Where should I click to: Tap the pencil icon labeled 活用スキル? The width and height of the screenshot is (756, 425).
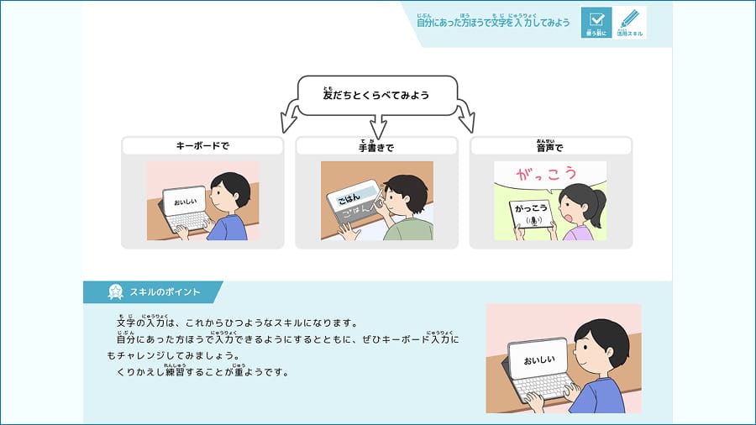630,20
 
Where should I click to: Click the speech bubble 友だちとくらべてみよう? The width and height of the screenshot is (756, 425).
376,95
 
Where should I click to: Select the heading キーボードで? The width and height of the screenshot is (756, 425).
202,146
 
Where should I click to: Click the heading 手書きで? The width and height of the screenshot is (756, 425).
376,147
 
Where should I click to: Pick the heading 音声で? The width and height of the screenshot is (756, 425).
550,146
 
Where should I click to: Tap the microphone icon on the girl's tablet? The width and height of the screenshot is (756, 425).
529,221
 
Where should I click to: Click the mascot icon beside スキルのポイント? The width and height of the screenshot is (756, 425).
116,292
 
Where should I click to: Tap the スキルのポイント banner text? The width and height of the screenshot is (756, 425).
165,292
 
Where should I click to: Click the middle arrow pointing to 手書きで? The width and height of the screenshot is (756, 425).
376,126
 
